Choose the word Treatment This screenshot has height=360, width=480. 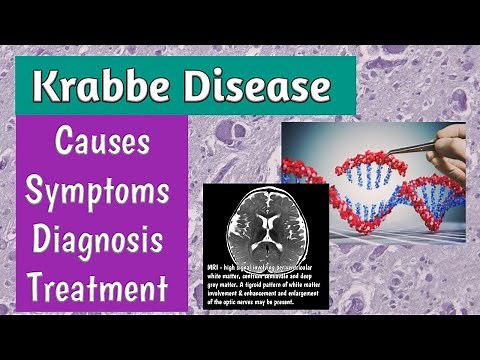point(91,290)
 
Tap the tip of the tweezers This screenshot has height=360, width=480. point(391,148)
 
